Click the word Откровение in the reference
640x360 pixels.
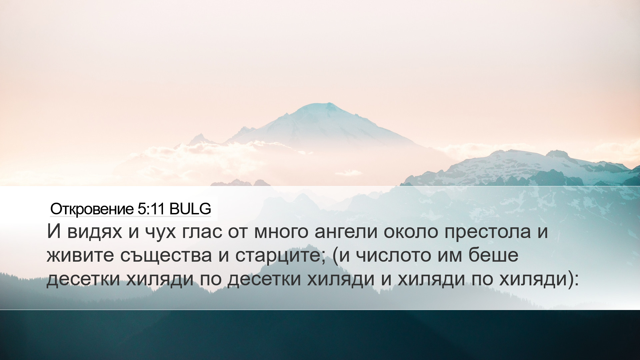92,209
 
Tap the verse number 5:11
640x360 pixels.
151,209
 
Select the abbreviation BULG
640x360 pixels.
190,209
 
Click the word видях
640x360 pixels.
95,232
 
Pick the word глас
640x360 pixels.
202,232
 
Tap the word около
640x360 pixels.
411,232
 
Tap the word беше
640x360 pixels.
493,255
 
